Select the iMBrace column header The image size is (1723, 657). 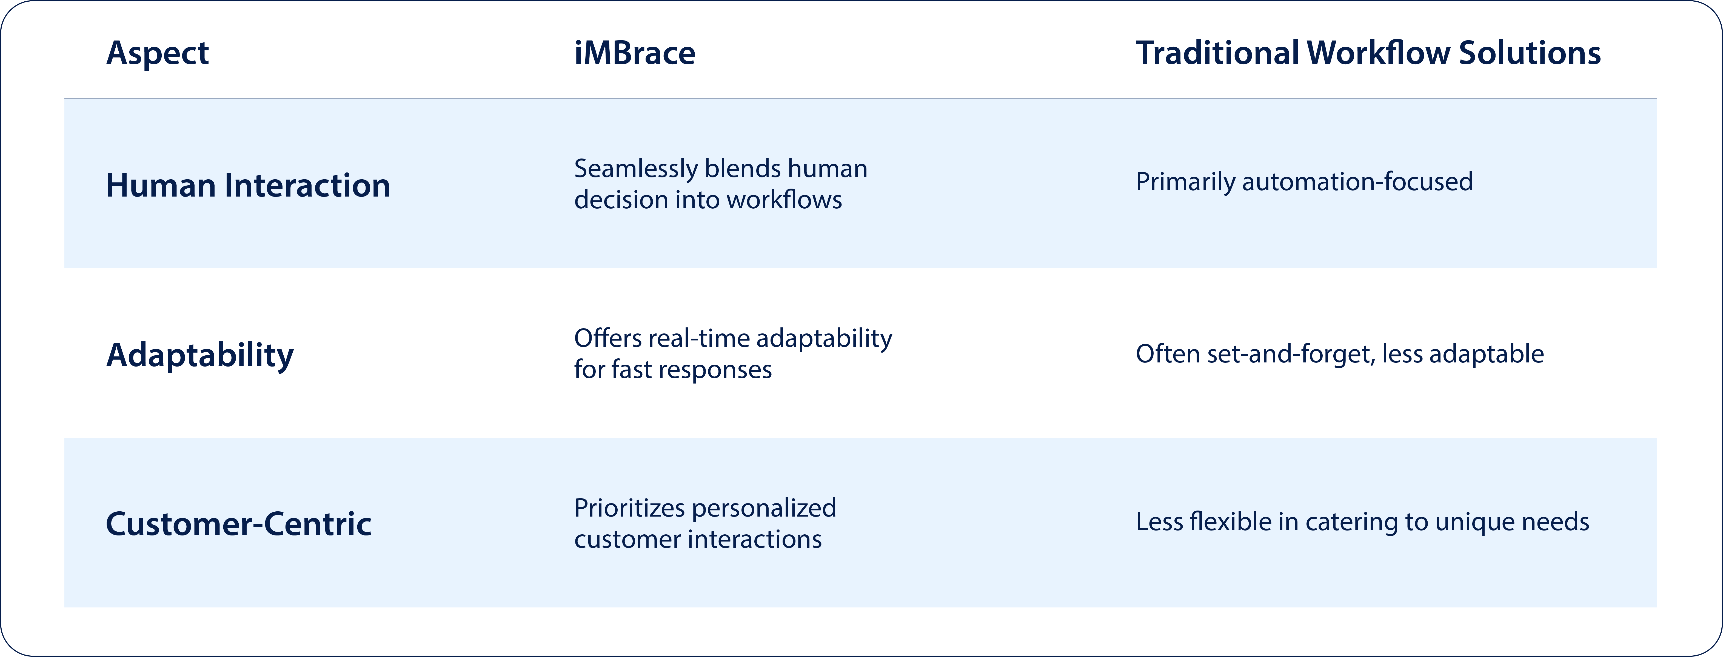coord(635,53)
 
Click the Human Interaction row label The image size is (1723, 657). coord(248,185)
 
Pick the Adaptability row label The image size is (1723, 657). coord(200,355)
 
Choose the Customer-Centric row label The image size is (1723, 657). coord(239,524)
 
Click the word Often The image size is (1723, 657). coord(1168,354)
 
